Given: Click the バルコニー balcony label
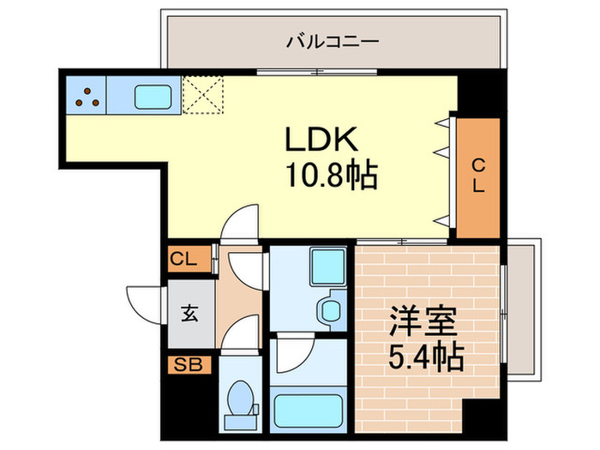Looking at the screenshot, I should pos(333,40).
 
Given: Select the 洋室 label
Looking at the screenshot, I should pos(420,324).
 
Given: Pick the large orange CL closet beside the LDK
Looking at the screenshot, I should pos(478,177).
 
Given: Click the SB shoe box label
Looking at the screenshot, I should pos(187,365).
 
